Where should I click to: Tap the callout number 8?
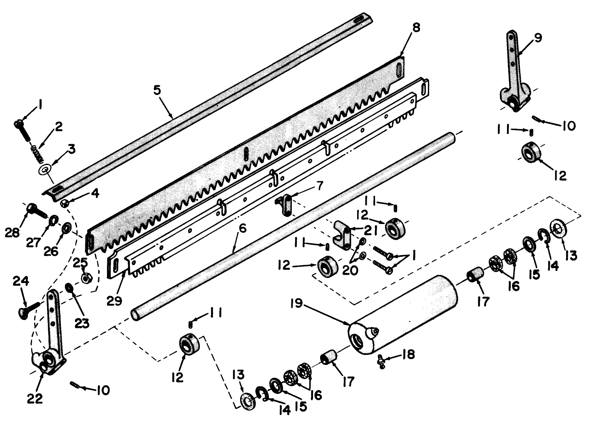click(416, 28)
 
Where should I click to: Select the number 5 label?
click(157, 90)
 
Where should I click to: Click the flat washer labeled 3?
click(44, 170)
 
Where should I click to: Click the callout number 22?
click(35, 399)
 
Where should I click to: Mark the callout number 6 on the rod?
click(242, 229)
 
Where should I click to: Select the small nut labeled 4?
click(65, 203)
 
